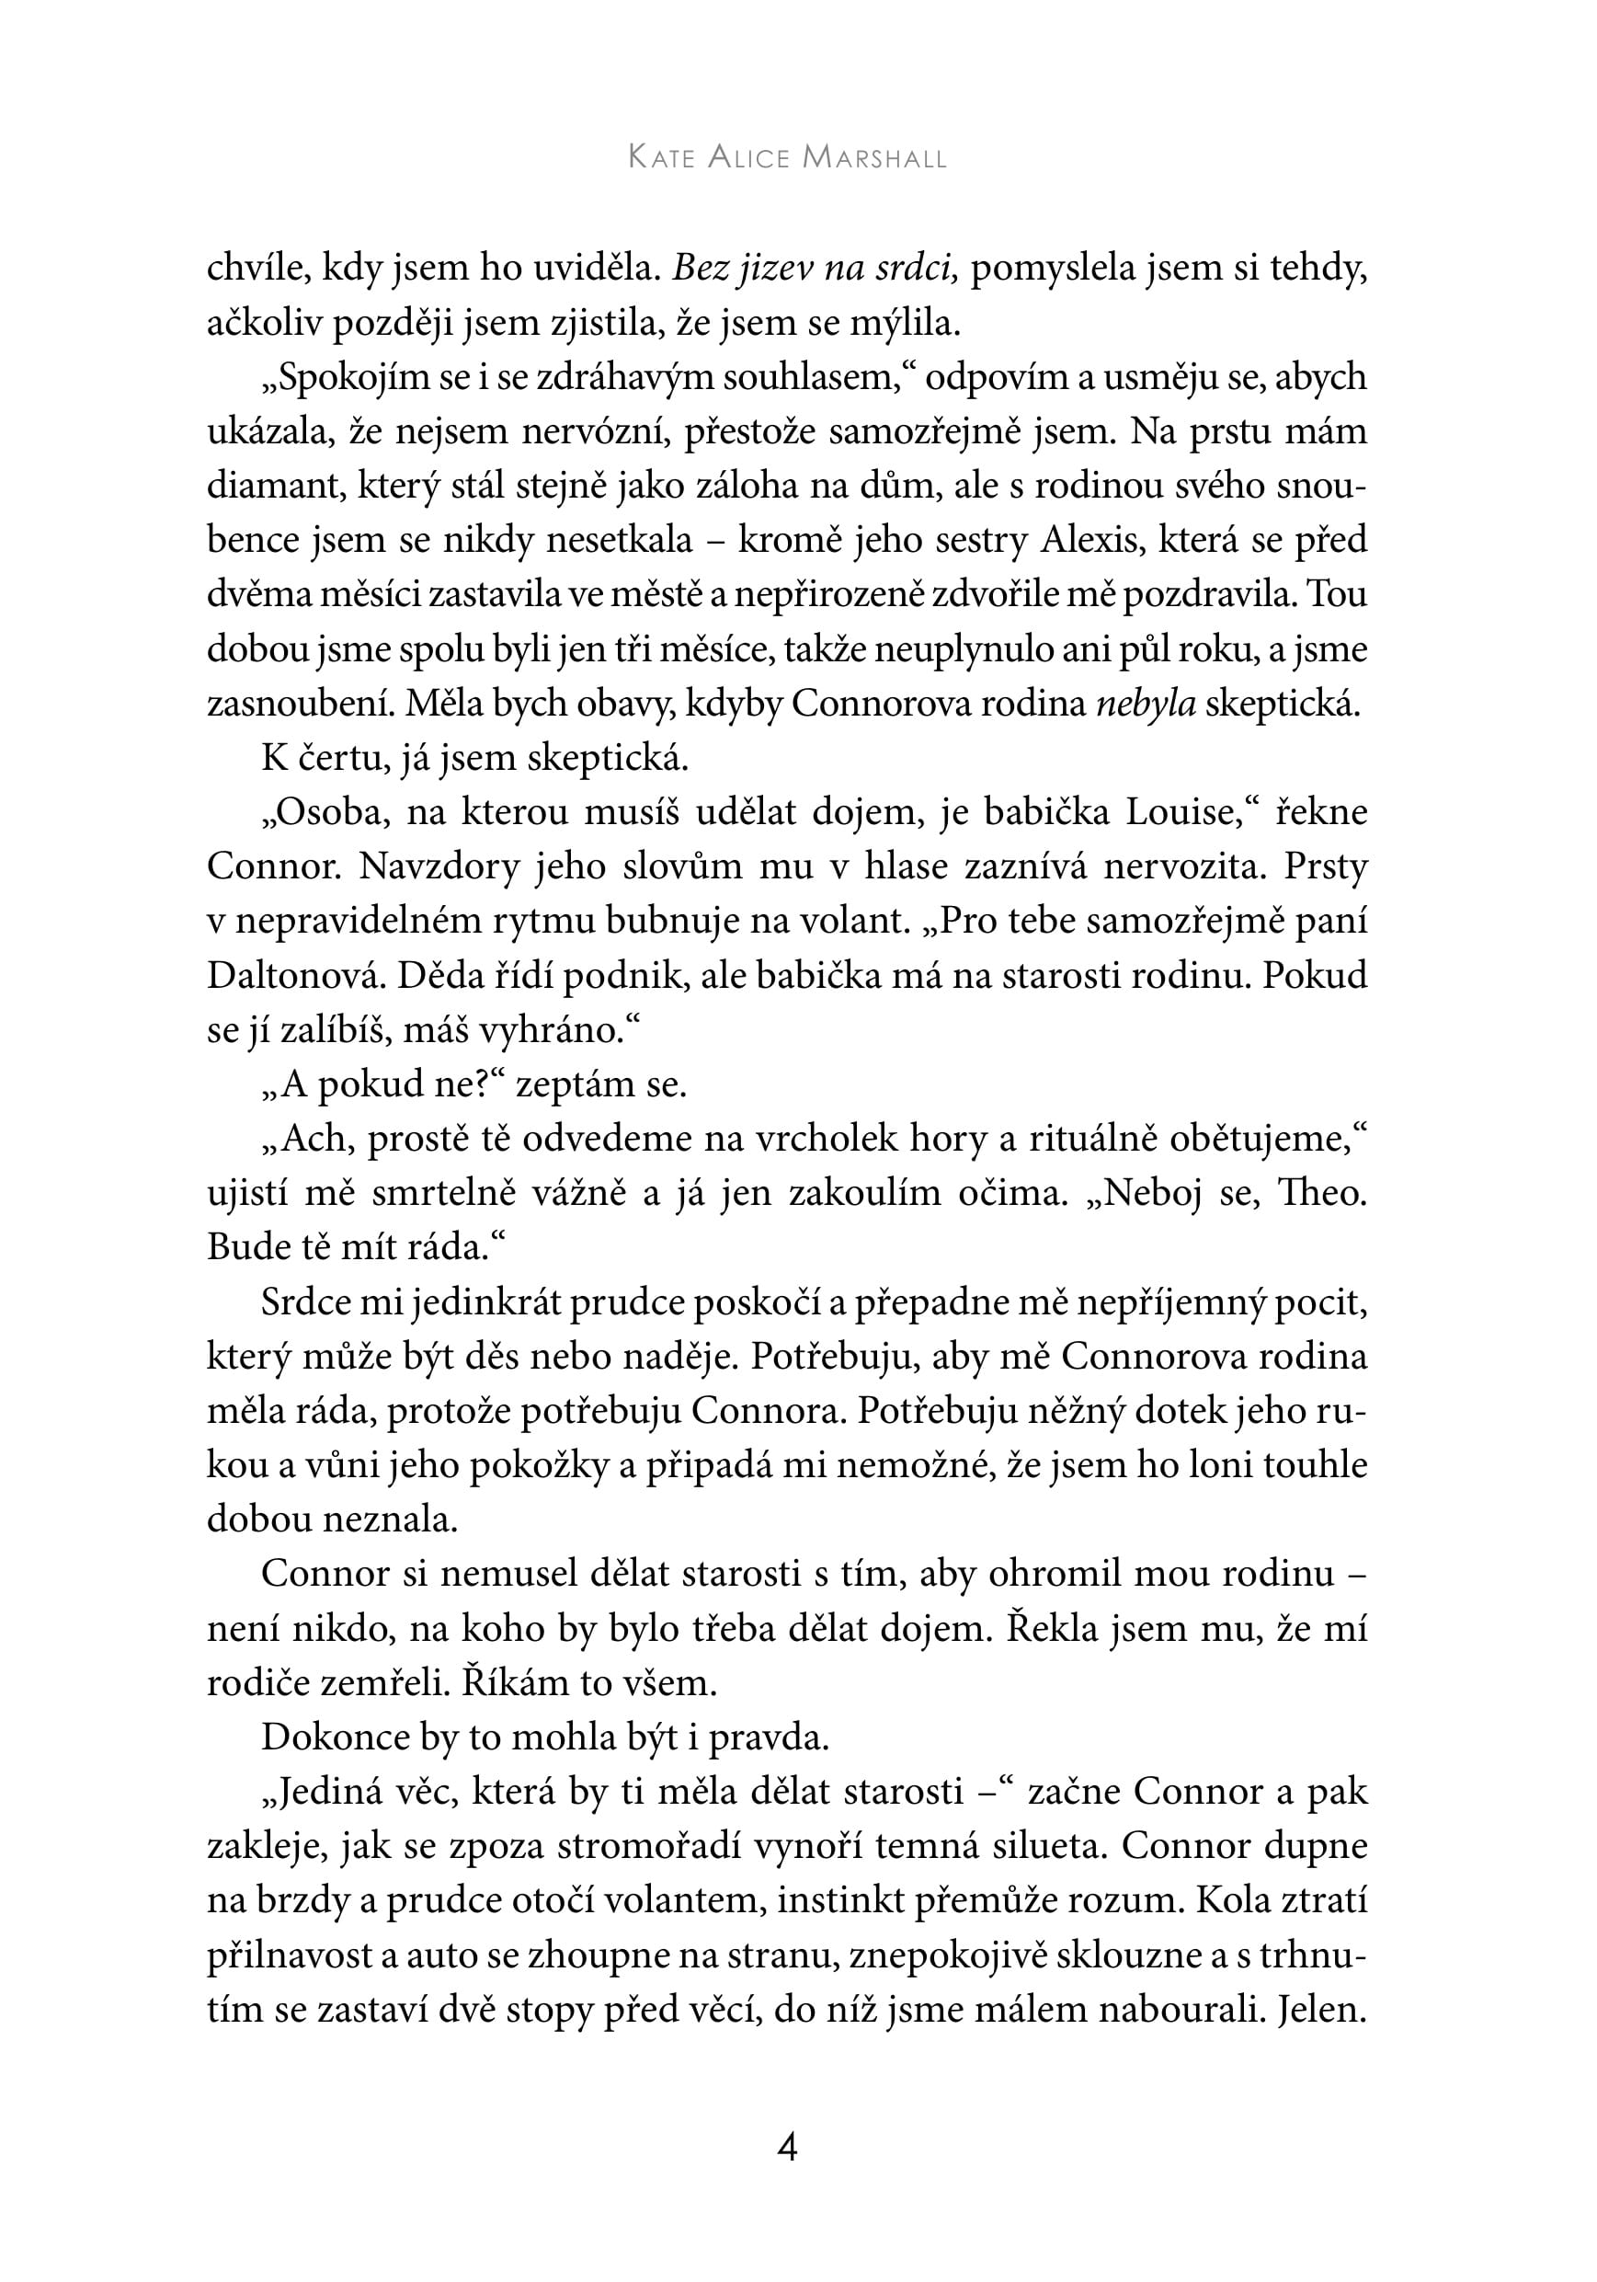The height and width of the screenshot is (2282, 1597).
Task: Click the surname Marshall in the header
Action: [x=873, y=158]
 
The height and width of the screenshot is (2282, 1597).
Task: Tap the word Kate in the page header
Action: [x=661, y=158]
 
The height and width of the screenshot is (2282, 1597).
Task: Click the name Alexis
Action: [x=1090, y=540]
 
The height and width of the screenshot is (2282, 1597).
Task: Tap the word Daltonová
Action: [x=294, y=975]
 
